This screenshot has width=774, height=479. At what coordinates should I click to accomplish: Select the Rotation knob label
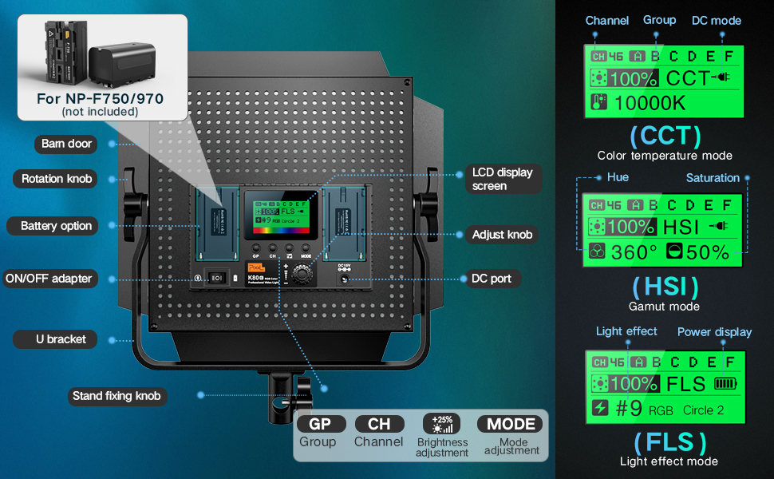56,179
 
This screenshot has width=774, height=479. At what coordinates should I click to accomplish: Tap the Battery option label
56,226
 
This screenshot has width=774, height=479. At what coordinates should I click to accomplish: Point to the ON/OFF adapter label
49,279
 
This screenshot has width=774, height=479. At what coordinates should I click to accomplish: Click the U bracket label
60,339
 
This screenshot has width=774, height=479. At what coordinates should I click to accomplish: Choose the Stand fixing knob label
116,396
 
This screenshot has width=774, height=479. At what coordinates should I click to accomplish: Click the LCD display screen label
502,179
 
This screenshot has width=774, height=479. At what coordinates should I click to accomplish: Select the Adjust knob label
502,235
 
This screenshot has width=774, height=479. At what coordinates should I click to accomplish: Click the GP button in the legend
319,425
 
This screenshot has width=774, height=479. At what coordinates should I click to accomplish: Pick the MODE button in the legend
511,425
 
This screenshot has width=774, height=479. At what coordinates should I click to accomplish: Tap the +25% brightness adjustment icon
441,424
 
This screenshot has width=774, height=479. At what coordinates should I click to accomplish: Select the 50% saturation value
705,252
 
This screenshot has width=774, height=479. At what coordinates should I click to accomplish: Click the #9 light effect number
629,410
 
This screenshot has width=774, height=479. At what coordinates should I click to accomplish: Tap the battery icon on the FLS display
726,384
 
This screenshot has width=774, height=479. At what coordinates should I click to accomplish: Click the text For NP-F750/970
100,100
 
